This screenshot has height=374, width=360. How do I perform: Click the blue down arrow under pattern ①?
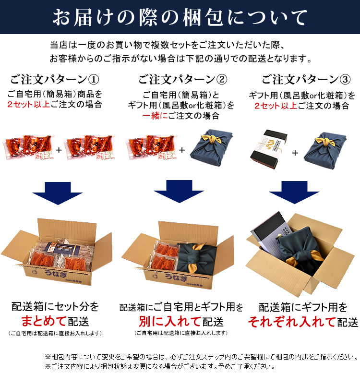56,192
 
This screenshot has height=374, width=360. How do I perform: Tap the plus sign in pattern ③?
294,153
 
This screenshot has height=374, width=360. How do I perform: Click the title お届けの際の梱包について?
180,17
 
